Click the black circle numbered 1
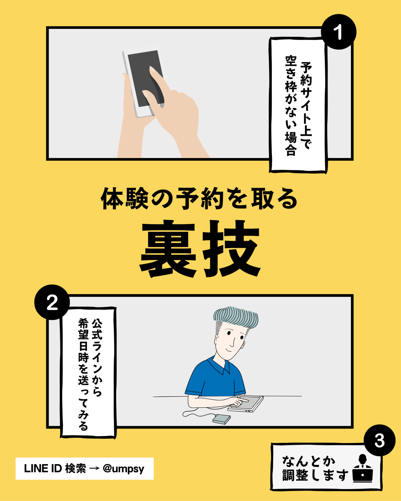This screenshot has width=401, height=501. click(338, 32)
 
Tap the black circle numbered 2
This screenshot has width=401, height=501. click(52, 302)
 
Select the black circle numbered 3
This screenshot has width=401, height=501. click(379, 440)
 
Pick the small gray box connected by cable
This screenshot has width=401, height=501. click(221, 419)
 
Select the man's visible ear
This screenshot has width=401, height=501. click(243, 345)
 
